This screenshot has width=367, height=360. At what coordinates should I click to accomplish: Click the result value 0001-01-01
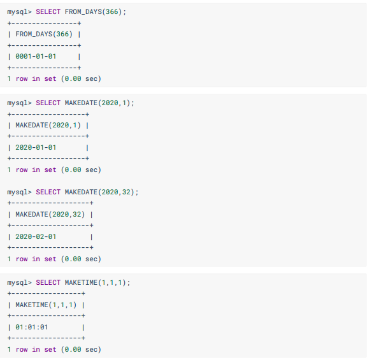click(36, 57)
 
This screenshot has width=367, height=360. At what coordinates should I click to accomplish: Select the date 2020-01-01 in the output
click(36, 147)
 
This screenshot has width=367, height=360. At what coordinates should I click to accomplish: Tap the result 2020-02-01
click(36, 236)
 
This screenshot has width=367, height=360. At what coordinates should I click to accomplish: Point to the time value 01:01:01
click(32, 327)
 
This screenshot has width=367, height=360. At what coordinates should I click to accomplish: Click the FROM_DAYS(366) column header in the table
click(44, 34)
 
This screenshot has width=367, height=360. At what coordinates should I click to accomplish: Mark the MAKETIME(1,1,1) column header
click(46, 305)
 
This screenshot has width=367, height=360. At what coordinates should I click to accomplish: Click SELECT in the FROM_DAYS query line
click(48, 11)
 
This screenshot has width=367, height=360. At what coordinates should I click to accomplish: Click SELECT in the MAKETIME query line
click(48, 282)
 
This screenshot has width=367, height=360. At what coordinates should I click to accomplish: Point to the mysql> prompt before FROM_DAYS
click(19, 12)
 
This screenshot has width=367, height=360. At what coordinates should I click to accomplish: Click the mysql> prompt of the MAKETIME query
click(19, 283)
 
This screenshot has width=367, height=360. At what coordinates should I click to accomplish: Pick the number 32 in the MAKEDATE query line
click(126, 192)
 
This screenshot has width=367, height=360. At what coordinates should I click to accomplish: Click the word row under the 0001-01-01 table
click(22, 79)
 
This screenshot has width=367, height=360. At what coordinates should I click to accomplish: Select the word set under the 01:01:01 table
click(50, 350)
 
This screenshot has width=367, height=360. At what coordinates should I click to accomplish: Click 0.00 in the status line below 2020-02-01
click(73, 259)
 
